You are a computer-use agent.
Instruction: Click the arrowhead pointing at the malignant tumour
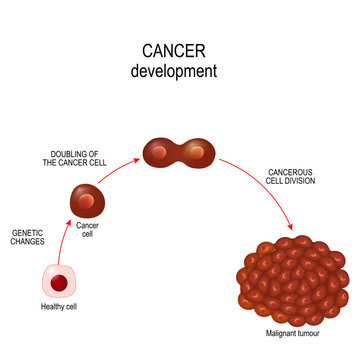pos(290,224)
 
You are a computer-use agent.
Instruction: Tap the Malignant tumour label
pos(292,330)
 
